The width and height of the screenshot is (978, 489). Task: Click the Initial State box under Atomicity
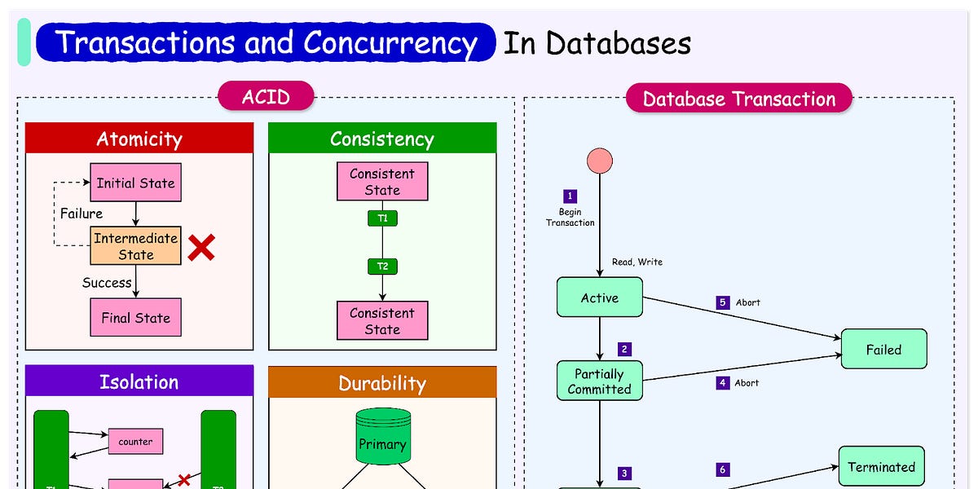[135, 183]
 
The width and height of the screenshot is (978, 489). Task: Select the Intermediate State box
[135, 246]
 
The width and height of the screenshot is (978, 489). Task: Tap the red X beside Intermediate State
[200, 248]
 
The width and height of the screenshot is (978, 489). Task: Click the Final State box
[135, 317]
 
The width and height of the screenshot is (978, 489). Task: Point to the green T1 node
[382, 218]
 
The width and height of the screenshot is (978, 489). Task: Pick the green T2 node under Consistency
[382, 266]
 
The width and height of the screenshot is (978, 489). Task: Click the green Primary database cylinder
[381, 438]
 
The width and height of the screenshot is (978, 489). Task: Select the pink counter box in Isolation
[135, 441]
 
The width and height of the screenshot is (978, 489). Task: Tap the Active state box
[599, 297]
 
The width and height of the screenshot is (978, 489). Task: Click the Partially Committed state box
[599, 381]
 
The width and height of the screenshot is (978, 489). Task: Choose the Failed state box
[883, 349]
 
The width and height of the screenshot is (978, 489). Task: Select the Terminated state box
[881, 466]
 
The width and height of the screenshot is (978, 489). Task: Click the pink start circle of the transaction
[600, 161]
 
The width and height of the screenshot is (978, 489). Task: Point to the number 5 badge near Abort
[722, 302]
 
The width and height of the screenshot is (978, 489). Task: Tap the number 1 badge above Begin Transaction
[570, 196]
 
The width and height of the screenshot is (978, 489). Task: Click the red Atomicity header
[139, 139]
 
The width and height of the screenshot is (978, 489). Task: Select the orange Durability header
[382, 382]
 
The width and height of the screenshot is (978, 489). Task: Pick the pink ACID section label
[266, 97]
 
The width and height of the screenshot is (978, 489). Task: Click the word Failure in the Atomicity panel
[81, 214]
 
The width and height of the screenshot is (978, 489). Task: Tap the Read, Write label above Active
[637, 262]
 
